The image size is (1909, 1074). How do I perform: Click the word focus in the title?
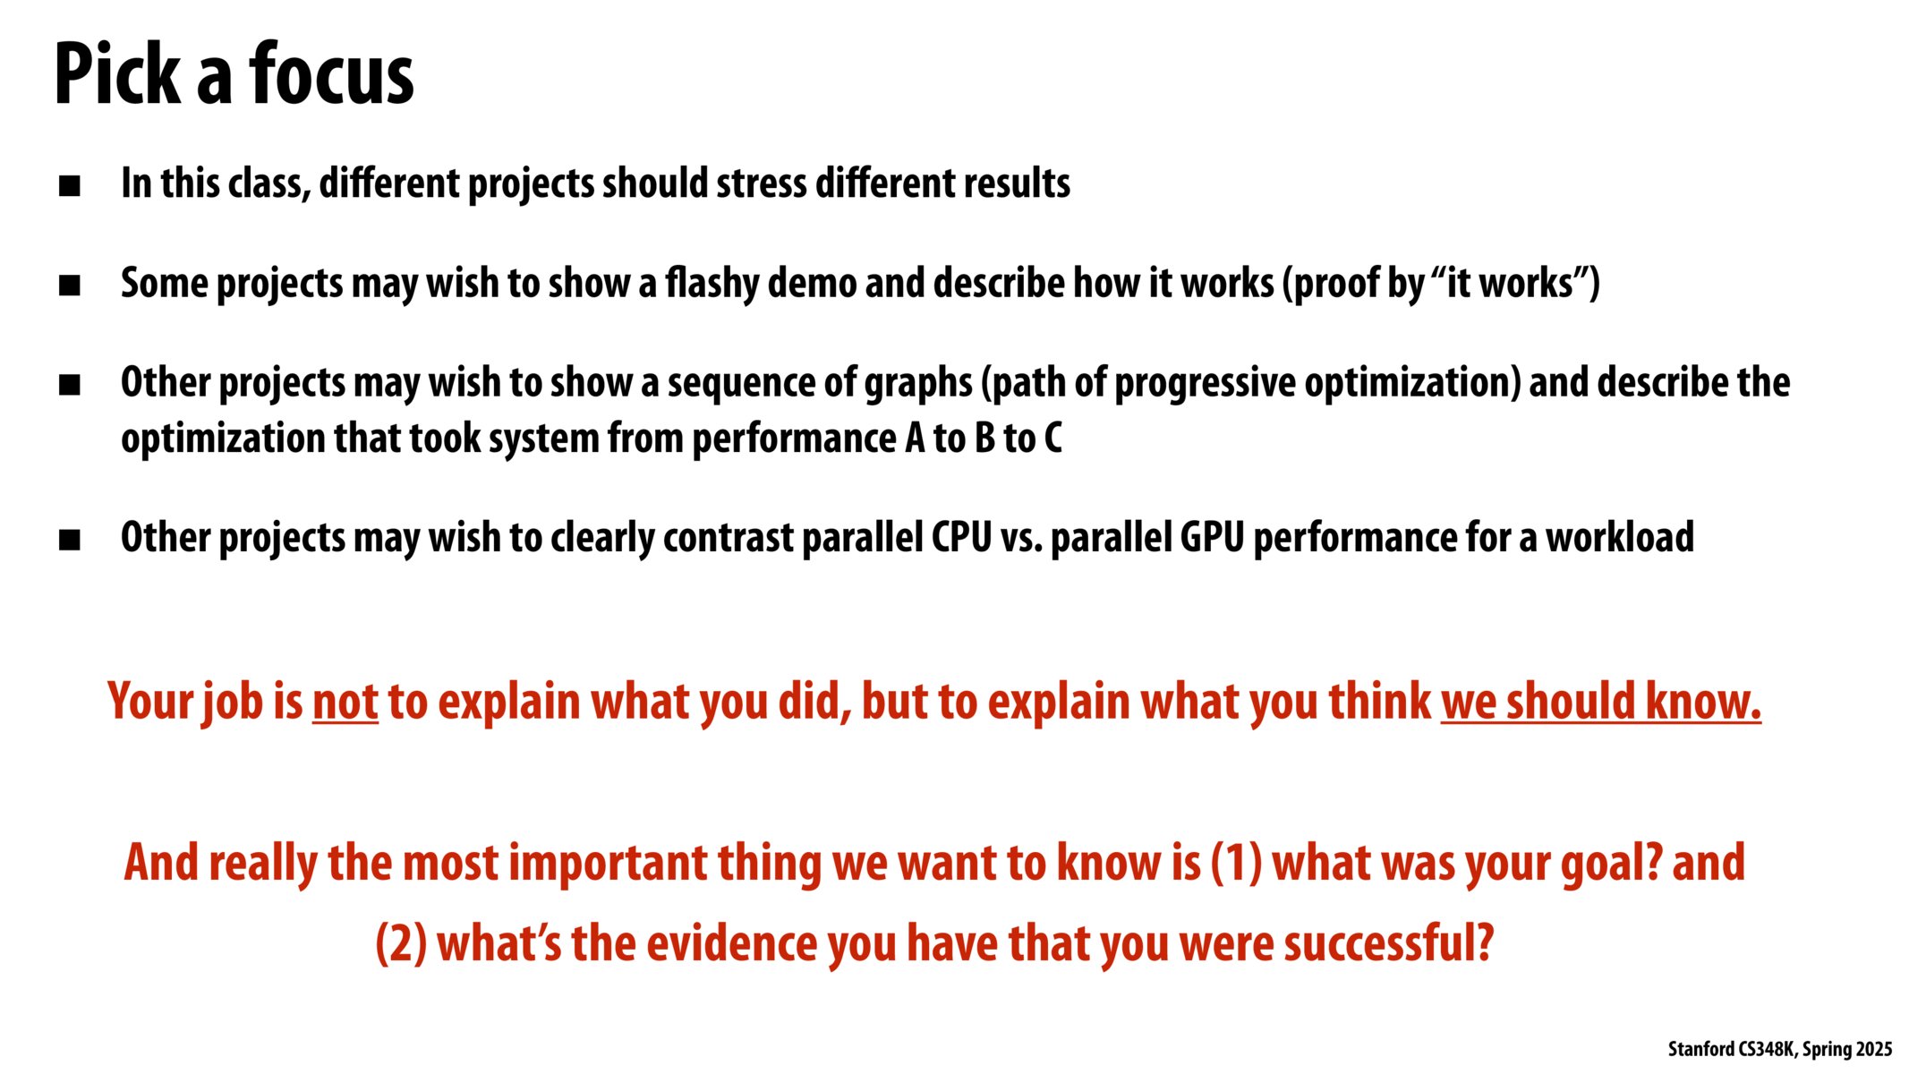[x=331, y=75]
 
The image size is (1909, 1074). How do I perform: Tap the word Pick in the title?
[x=117, y=75]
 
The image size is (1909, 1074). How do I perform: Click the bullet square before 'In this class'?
[x=70, y=186]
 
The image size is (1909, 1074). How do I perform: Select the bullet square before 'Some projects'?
[x=70, y=286]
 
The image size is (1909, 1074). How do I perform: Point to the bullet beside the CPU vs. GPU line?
[x=70, y=540]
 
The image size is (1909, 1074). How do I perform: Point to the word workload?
[x=1620, y=537]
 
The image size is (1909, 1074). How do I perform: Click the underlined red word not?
[x=345, y=702]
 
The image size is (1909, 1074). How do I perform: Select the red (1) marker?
[x=1236, y=863]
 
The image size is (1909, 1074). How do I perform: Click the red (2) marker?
[x=401, y=944]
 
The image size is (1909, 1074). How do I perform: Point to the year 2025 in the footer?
[x=1873, y=1049]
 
